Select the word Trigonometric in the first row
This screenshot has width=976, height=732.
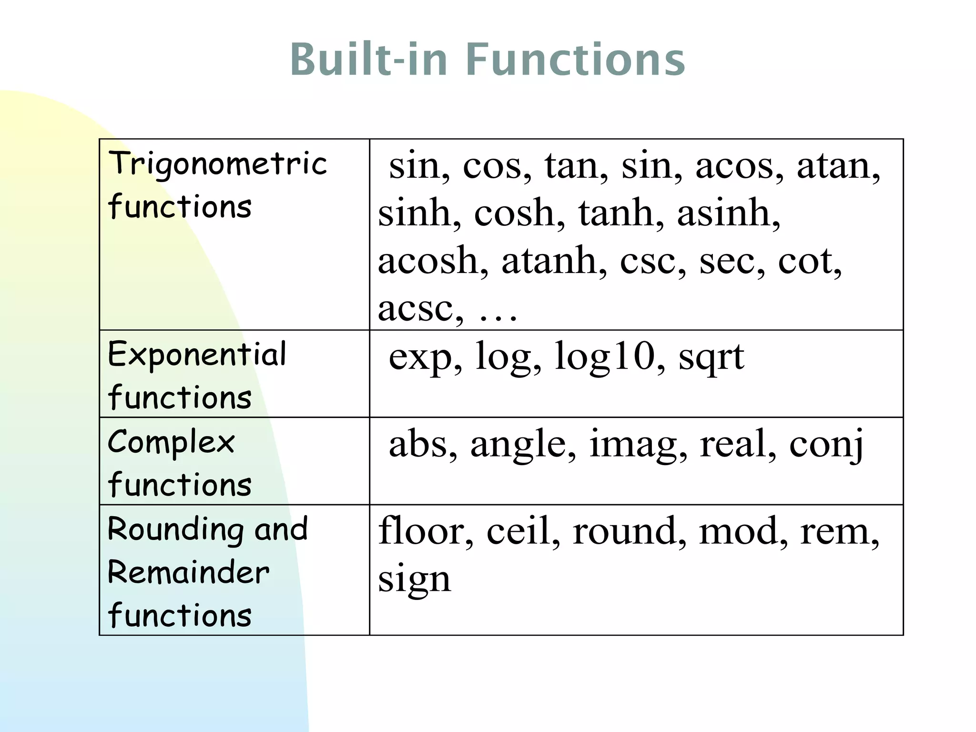coord(217,163)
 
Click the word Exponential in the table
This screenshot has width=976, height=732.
coord(197,355)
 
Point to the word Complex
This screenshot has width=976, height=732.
coord(171,442)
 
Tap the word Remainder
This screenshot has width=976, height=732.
coord(188,572)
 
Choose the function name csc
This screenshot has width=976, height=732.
coord(652,261)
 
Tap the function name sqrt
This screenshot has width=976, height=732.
coord(711,357)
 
